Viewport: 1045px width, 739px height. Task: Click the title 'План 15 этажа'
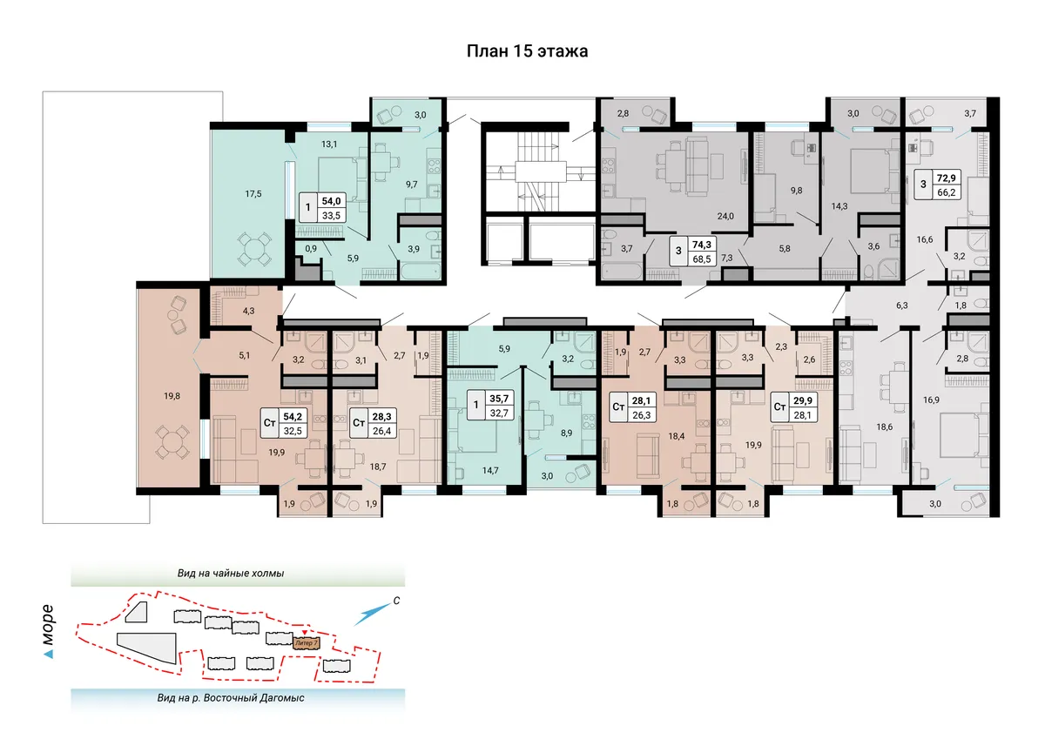tap(527, 51)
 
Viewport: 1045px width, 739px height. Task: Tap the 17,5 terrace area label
tap(253, 194)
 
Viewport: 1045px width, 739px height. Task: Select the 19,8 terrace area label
tap(172, 396)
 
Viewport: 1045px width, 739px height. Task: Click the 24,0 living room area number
tap(725, 217)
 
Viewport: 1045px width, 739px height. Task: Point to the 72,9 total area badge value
tap(946, 178)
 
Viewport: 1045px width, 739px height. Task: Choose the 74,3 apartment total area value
tap(702, 245)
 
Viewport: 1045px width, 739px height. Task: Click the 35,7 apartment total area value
tap(499, 399)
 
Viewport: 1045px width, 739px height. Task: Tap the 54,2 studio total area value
tap(293, 416)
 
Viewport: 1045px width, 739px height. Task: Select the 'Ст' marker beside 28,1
tap(618, 406)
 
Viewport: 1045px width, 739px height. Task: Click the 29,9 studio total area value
tap(802, 400)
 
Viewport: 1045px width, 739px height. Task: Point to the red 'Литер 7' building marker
tap(306, 643)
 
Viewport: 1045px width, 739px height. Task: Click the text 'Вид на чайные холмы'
tap(231, 574)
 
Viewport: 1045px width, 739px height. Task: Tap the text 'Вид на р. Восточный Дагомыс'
tap(231, 698)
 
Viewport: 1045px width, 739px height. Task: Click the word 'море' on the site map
tap(48, 625)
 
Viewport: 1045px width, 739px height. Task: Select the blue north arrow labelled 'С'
tap(373, 614)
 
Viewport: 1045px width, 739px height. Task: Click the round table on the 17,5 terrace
tap(253, 247)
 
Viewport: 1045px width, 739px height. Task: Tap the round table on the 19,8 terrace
tap(172, 441)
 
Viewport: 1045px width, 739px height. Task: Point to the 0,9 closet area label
tap(311, 249)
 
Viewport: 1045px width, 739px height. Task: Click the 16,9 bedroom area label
tap(931, 400)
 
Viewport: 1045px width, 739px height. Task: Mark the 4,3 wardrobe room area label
tap(248, 311)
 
